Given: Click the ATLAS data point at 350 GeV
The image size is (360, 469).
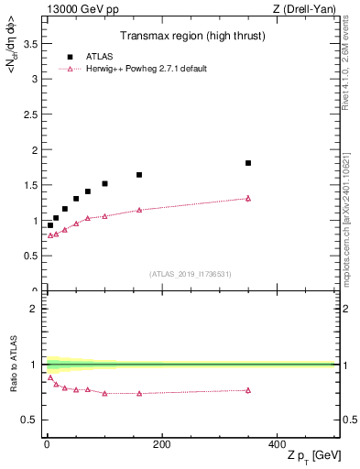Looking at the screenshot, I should pyautogui.click(x=248, y=163).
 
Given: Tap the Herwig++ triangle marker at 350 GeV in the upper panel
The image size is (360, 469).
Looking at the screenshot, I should pyautogui.click(x=248, y=198).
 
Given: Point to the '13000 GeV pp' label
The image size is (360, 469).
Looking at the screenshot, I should pyautogui.click(x=70, y=9).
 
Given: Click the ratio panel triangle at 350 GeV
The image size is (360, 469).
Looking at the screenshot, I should pyautogui.click(x=248, y=390).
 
